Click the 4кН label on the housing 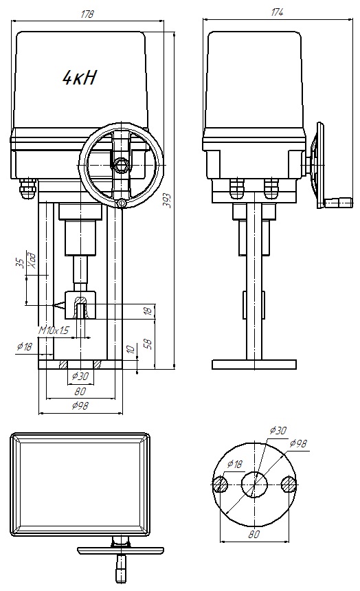[x=80, y=77]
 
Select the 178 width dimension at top [x=87, y=14]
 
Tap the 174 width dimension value [x=277, y=12]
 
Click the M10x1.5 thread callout [x=54, y=331]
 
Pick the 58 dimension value [x=149, y=343]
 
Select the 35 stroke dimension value [x=21, y=263]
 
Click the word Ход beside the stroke [x=33, y=259]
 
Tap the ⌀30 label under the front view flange [x=80, y=376]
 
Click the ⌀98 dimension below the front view [x=80, y=405]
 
